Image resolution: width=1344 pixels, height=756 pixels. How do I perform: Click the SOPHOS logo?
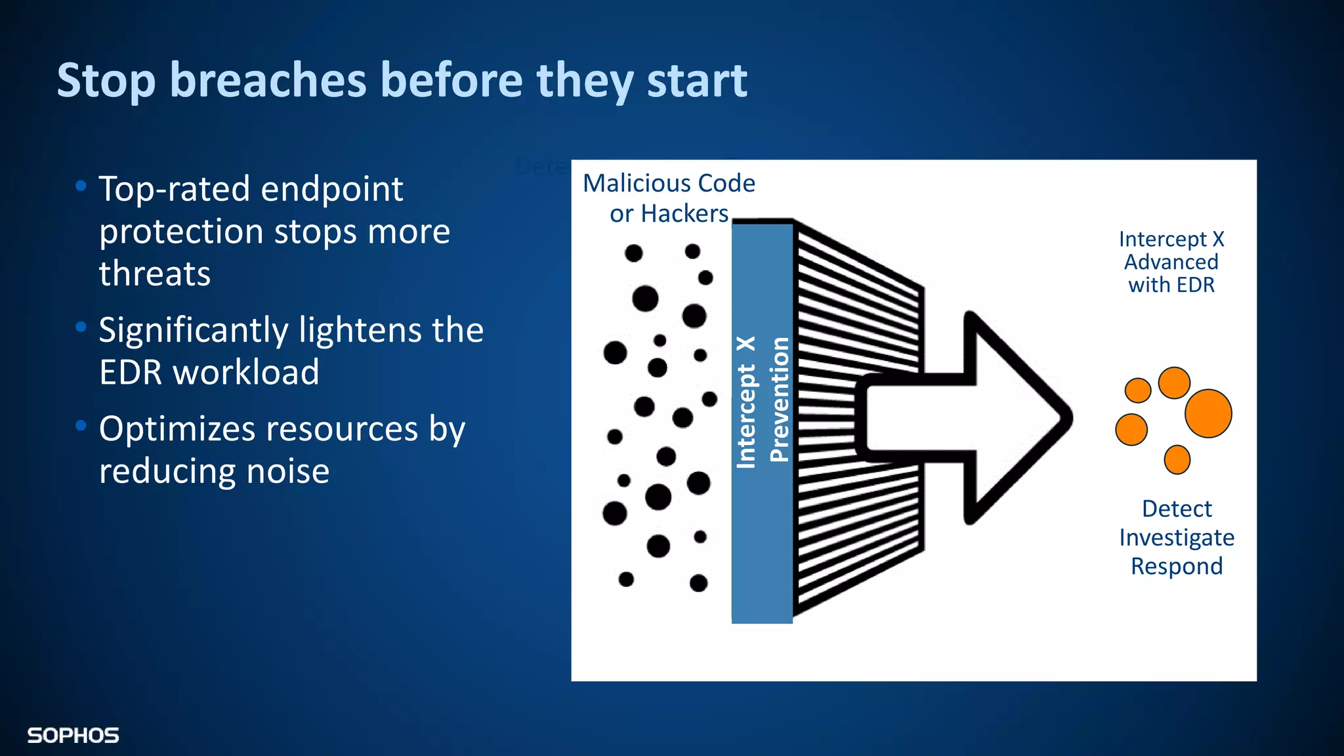pyautogui.click(x=73, y=736)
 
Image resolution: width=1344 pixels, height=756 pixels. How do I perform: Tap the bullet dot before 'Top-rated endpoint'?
pyautogui.click(x=81, y=186)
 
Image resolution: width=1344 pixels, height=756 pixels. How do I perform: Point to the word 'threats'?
pyautogui.click(x=155, y=274)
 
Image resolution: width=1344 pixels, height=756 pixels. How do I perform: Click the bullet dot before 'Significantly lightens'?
pyautogui.click(x=81, y=327)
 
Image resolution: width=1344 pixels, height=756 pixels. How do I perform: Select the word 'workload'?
pyautogui.click(x=246, y=372)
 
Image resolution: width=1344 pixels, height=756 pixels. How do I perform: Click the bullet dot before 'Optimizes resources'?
pyautogui.click(x=81, y=426)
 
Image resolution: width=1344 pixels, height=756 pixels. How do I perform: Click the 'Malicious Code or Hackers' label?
pyautogui.click(x=669, y=198)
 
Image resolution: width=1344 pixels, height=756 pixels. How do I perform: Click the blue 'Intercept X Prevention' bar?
pyautogui.click(x=762, y=420)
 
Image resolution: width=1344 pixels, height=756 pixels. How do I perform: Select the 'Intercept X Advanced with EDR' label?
pyautogui.click(x=1171, y=262)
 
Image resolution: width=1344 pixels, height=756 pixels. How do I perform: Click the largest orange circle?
pyautogui.click(x=1208, y=413)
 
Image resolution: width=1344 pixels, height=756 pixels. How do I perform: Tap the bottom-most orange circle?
pyautogui.click(x=1177, y=459)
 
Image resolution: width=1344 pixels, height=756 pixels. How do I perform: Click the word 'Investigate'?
pyautogui.click(x=1177, y=537)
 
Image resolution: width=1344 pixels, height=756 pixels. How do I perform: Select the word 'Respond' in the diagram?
pyautogui.click(x=1177, y=566)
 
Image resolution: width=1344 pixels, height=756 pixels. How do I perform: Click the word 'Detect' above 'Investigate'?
pyautogui.click(x=1177, y=509)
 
